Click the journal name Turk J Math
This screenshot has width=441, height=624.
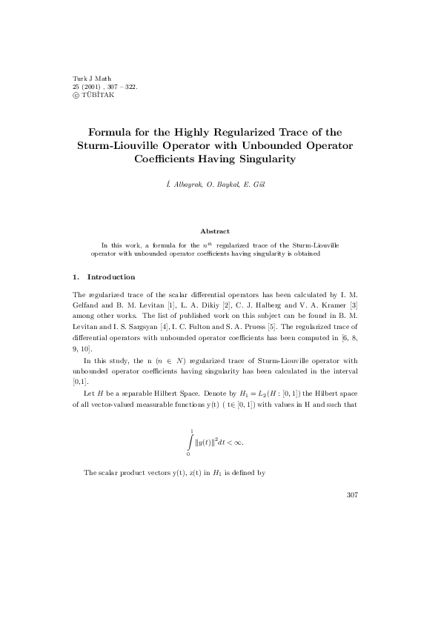88,78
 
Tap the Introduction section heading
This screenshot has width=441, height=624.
111,276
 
